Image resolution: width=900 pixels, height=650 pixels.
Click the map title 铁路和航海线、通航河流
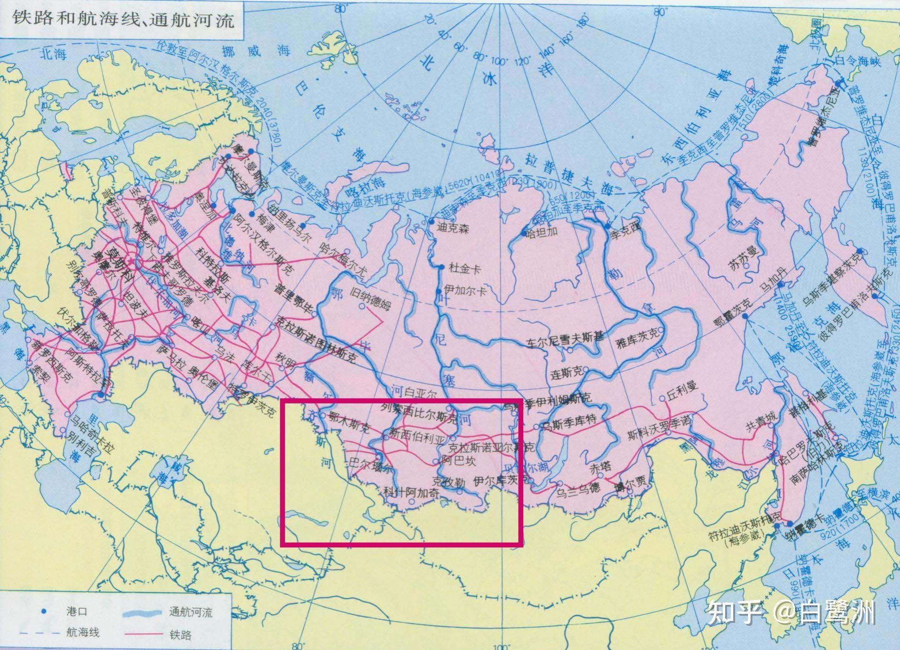[123, 19]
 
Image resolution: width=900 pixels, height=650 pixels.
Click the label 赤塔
[599, 468]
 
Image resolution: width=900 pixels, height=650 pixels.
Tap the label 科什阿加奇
[410, 493]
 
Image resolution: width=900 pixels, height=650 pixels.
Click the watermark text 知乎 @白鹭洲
[791, 614]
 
